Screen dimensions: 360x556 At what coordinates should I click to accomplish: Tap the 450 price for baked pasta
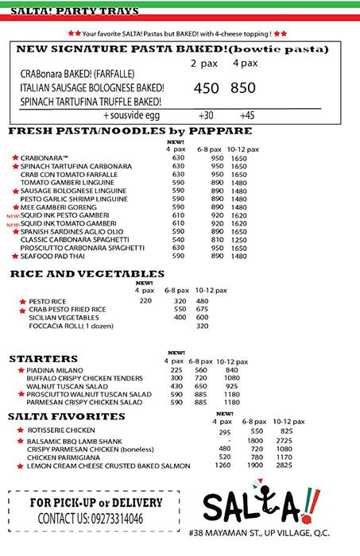(x=206, y=88)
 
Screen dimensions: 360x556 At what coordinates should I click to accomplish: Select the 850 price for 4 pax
(x=243, y=88)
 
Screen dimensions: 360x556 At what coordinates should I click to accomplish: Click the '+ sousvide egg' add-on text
(x=131, y=115)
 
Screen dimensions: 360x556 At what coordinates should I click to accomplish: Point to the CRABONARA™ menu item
(x=45, y=157)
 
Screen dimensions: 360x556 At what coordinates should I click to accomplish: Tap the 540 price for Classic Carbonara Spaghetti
(x=178, y=239)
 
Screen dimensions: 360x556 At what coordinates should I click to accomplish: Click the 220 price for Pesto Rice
(x=145, y=301)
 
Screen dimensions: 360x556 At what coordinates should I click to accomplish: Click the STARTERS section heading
(x=43, y=359)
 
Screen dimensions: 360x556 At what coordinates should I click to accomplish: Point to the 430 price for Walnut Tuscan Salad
(x=176, y=386)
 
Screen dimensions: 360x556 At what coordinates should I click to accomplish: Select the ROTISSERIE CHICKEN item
(x=61, y=430)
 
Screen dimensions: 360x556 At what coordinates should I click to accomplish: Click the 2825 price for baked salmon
(x=284, y=465)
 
